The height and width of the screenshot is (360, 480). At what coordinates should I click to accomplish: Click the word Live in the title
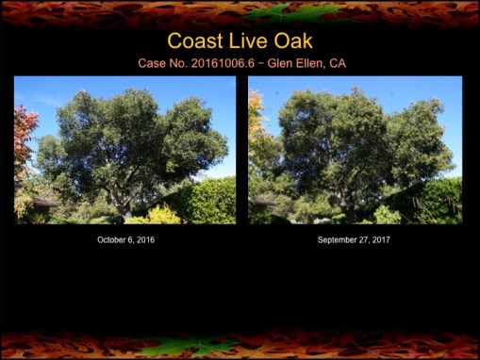coord(246,41)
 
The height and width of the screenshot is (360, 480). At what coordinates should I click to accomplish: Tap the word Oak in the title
coord(291,41)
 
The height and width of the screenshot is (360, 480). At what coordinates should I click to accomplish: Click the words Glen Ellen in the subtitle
coord(297,64)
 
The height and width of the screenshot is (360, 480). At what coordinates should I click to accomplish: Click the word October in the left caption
coord(112,240)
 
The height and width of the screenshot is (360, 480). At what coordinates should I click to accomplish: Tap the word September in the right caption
coord(338,240)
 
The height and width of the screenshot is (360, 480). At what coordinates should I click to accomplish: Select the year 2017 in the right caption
coord(380,240)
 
